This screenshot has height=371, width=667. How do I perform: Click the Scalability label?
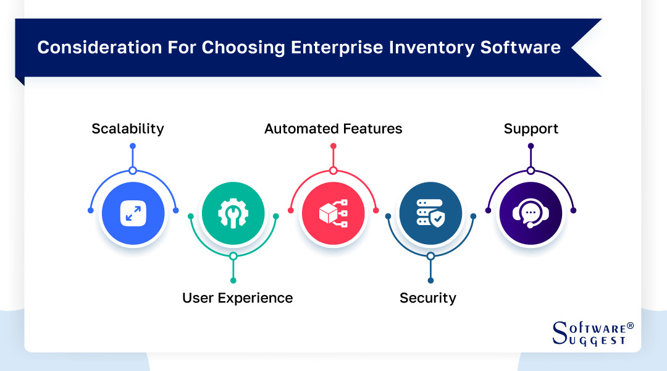pos(128,129)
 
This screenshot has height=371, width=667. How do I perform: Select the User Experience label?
pos(237,298)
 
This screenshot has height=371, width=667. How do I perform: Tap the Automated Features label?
pos(333,129)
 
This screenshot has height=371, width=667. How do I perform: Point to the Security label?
pos(427,298)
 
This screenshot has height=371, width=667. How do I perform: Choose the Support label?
pos(531,129)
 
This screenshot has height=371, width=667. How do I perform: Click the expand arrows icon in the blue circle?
pos(133,213)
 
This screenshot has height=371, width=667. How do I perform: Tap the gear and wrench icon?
pos(233,213)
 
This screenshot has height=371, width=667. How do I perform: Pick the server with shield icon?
pos(430,213)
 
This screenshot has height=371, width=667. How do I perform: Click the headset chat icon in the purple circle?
pos(531,213)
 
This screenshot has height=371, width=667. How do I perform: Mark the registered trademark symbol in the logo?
pos(630,325)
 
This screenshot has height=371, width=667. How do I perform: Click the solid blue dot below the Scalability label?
pos(133,146)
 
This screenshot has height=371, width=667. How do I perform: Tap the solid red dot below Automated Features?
pos(333,146)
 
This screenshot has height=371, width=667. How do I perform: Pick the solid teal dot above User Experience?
pos(233,280)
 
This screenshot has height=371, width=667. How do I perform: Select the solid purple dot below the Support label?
pos(531,146)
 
